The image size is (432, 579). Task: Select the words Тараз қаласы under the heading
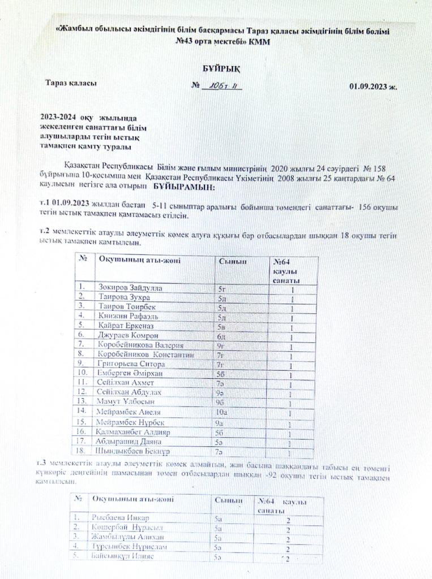point(71,83)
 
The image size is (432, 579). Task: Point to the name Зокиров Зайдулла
point(130,288)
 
